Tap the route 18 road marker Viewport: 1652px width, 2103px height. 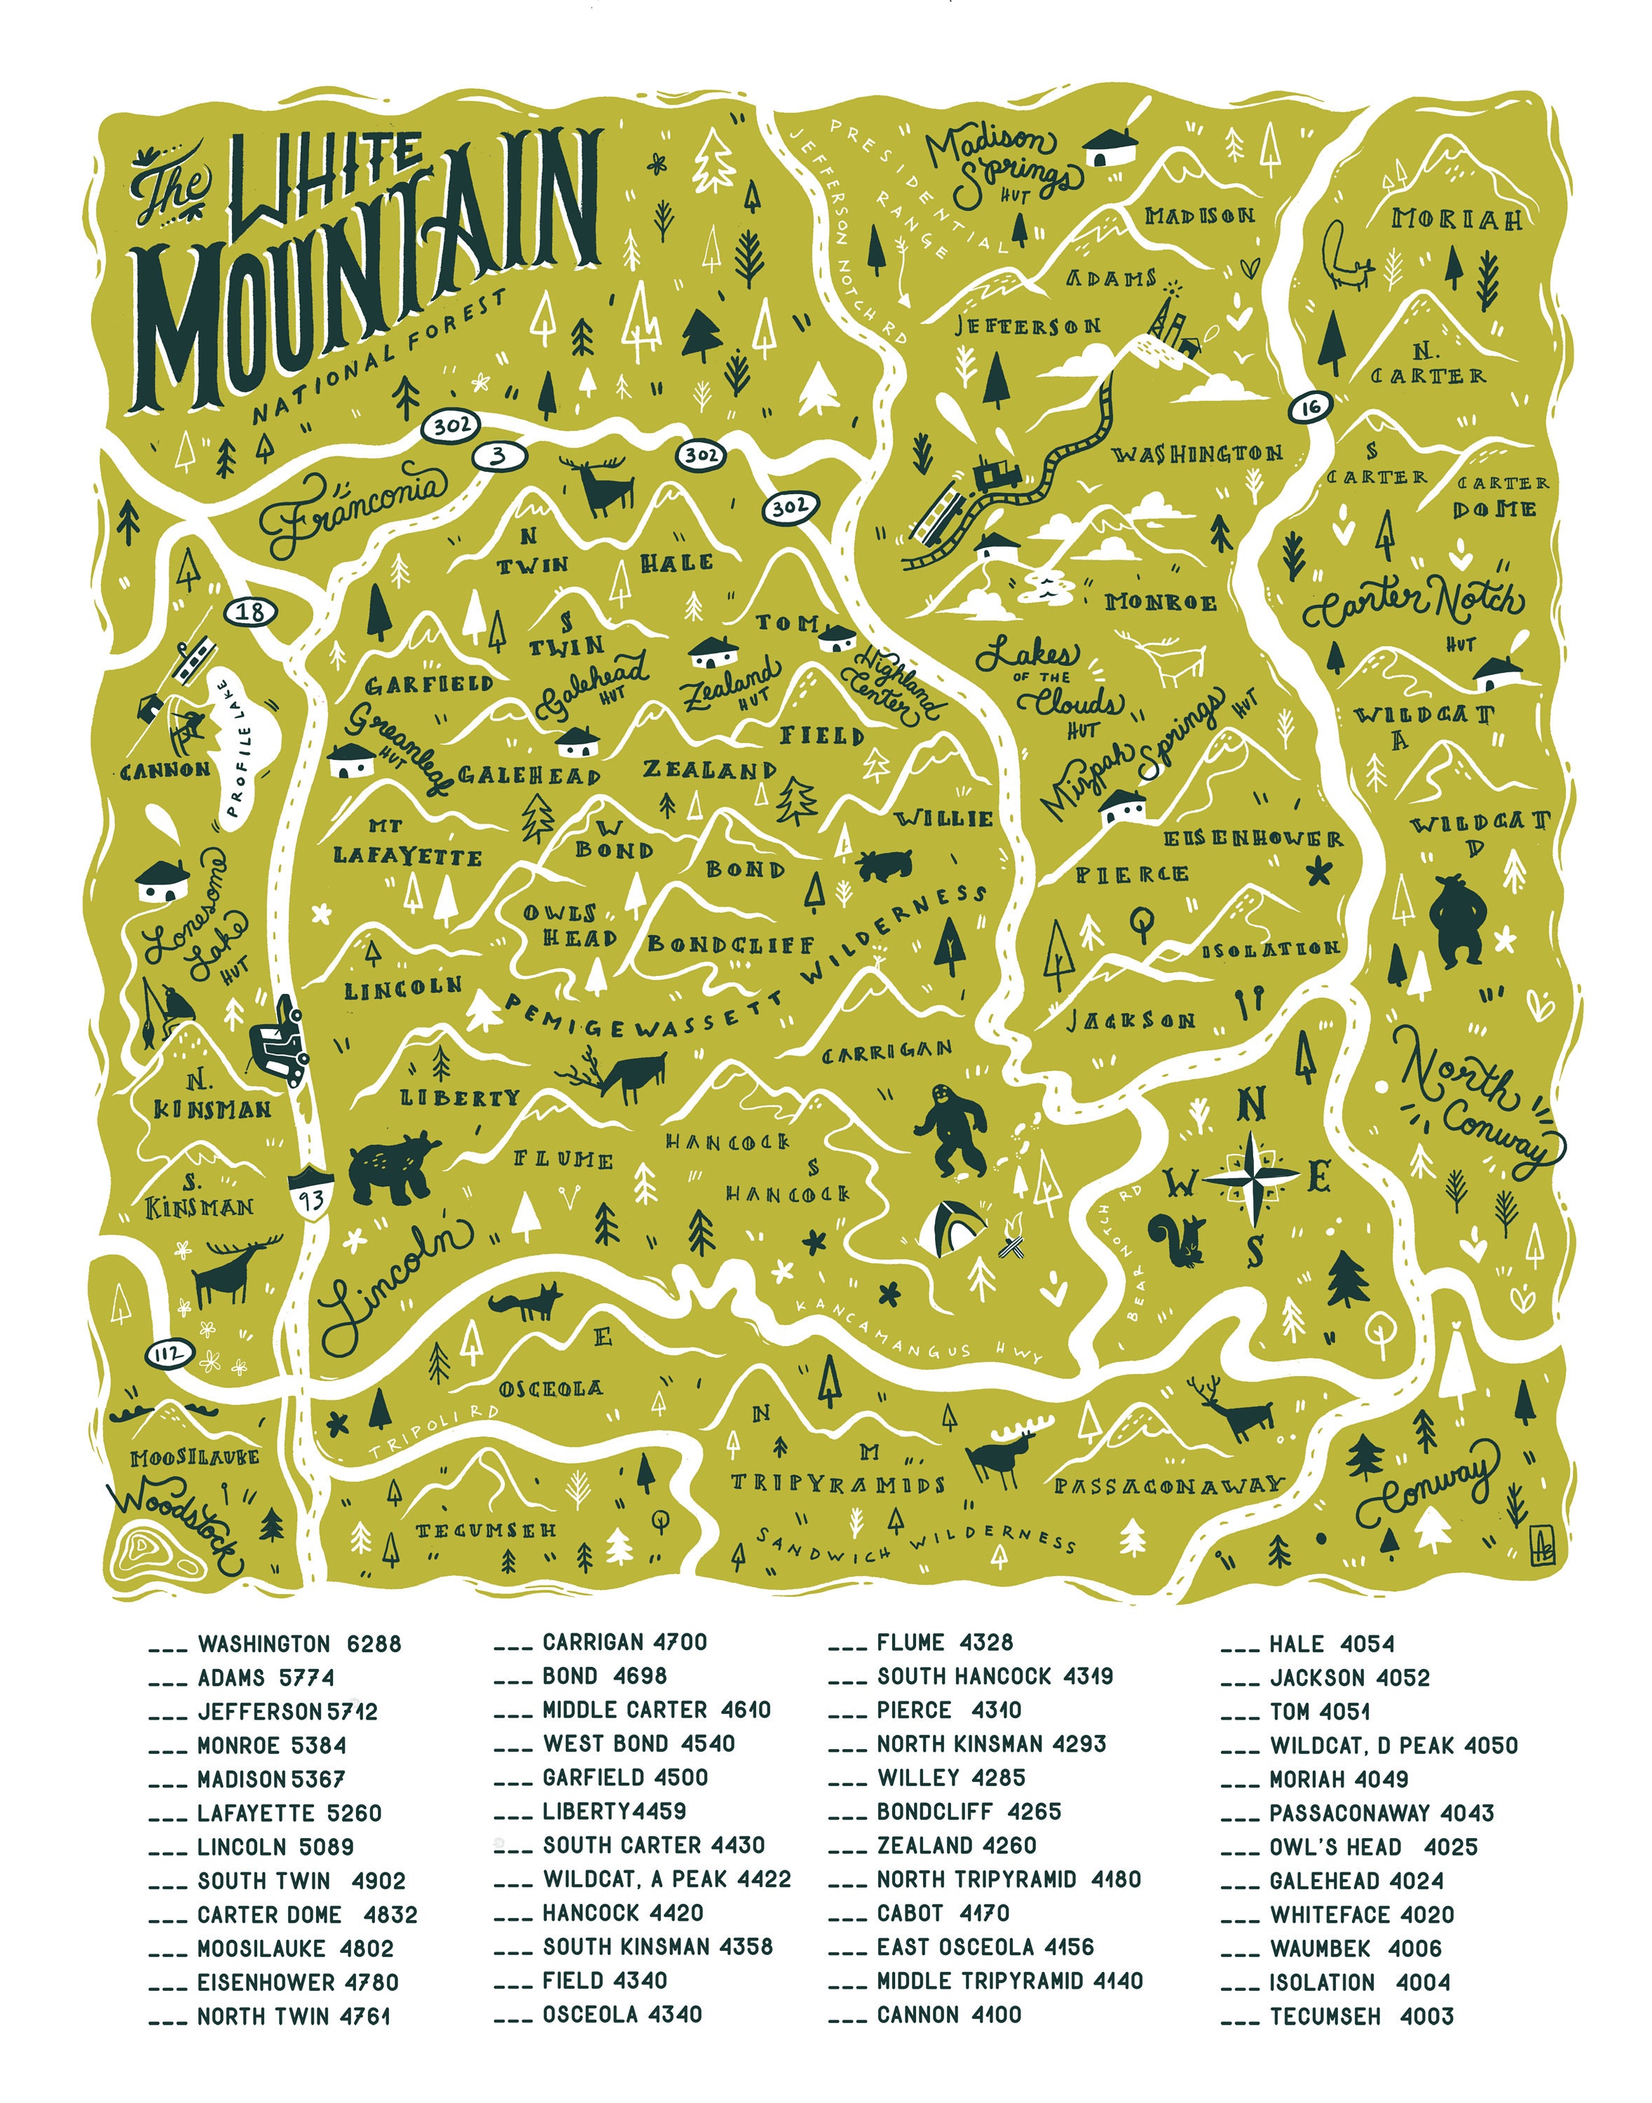pyautogui.click(x=250, y=613)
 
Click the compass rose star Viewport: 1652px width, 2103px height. pyautogui.click(x=1252, y=1176)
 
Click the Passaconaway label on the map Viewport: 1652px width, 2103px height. pyautogui.click(x=1168, y=1485)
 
